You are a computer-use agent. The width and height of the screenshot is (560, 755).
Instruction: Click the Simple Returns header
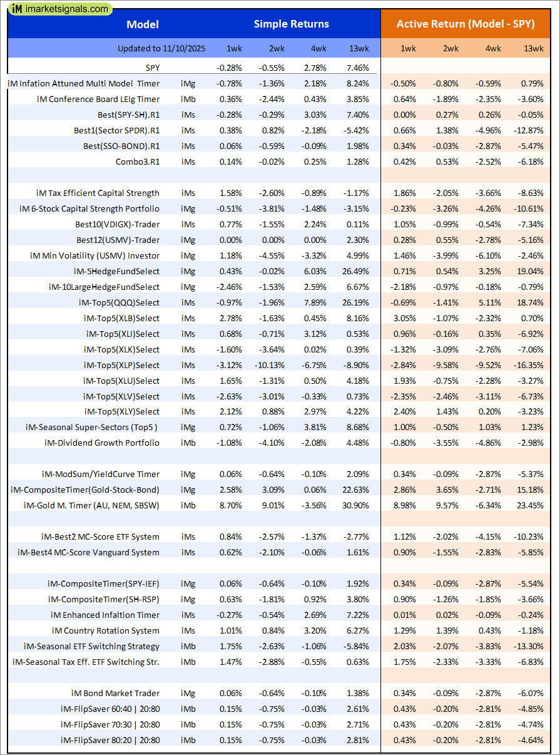291,24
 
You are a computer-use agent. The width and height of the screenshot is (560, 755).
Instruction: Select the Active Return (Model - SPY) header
466,24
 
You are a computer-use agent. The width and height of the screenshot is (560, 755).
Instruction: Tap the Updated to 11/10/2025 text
160,48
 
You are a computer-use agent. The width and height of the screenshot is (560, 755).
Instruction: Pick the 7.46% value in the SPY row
357,68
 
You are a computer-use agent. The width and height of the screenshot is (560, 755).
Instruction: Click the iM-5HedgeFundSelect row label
116,271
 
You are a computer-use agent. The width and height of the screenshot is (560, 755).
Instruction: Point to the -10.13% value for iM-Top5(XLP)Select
270,365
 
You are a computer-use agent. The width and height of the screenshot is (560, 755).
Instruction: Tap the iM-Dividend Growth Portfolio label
102,443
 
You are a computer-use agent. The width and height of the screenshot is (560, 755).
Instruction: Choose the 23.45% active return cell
530,505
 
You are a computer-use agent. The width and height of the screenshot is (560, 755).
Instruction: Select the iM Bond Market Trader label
115,693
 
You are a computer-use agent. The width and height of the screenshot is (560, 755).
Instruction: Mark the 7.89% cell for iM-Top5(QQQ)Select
315,302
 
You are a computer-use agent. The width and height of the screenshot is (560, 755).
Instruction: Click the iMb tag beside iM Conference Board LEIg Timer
188,99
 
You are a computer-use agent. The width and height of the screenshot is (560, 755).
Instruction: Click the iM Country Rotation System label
106,630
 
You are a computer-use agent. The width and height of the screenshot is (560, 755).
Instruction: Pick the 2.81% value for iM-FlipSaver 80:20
357,740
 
